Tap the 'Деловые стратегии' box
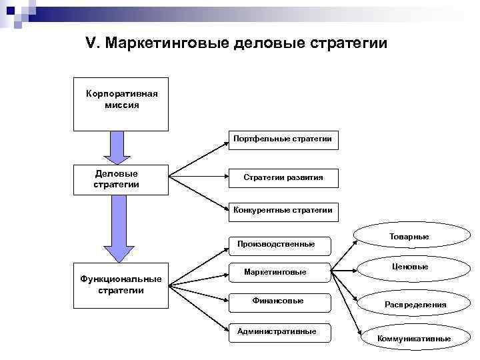(x=121, y=179)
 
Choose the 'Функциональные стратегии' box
(x=121, y=285)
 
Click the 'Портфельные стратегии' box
(x=283, y=139)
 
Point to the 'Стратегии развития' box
(x=283, y=177)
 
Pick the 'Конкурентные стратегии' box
(x=283, y=211)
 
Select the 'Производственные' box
(x=276, y=244)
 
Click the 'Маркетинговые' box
(x=275, y=272)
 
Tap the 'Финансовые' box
(x=278, y=301)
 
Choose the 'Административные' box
(x=277, y=331)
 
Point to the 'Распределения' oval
(x=415, y=305)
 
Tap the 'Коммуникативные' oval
(x=414, y=339)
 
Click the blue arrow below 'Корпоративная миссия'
(x=117, y=147)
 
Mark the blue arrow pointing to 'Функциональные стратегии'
(x=117, y=228)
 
